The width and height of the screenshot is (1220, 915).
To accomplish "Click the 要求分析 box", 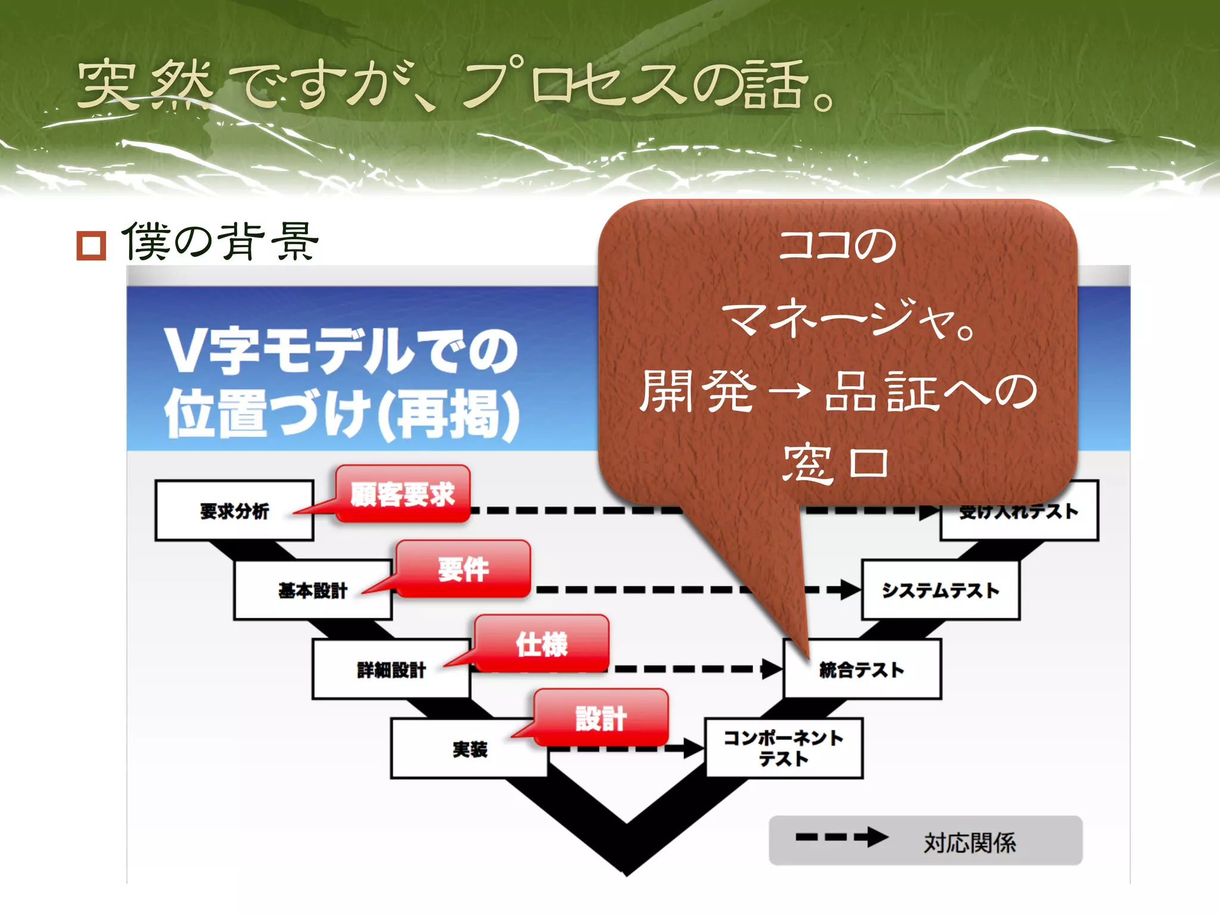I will (x=234, y=511).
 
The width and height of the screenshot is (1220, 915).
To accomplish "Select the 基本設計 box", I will (x=312, y=590).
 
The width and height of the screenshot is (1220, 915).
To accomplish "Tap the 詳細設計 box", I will (x=391, y=669).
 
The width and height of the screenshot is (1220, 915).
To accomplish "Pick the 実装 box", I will (x=469, y=749).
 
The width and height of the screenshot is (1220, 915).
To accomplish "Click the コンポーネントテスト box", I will (x=783, y=748).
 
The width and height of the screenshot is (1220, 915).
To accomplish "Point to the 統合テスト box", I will (x=861, y=670).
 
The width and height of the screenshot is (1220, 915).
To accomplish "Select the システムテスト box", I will (x=940, y=590).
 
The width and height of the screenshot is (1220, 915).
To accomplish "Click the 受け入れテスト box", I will (x=1019, y=518).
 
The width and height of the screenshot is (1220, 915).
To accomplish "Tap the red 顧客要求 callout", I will (x=403, y=494).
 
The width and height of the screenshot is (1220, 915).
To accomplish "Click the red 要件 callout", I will (x=463, y=569).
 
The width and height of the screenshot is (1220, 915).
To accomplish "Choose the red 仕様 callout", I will (x=541, y=644).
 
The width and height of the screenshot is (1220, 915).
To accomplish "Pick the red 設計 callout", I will (x=600, y=718).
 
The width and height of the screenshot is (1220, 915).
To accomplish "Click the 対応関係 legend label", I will (x=969, y=842).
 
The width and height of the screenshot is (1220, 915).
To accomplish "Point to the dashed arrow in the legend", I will (x=841, y=837).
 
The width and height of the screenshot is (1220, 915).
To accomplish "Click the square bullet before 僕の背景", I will (x=91, y=245).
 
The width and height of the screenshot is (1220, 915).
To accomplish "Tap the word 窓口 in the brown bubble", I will (x=836, y=462).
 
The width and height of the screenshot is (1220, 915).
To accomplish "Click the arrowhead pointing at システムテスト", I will (x=851, y=590).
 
